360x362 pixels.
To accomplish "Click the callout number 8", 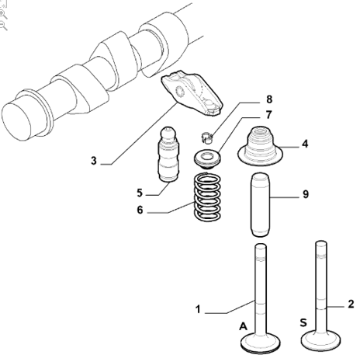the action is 269,99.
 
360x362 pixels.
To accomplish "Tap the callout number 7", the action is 268,115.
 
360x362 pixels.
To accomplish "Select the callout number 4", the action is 305,144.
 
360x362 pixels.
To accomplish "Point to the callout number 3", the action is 94,161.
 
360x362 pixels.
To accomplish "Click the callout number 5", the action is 140,193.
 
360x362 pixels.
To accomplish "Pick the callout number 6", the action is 140,210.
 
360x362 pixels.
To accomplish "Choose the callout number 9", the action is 306,194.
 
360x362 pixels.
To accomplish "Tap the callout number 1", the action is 198,309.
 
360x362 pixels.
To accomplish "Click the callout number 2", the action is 351,304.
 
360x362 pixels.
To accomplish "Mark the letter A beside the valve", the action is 243,326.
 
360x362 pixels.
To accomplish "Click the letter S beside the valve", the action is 303,322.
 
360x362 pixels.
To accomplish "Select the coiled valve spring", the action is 207,197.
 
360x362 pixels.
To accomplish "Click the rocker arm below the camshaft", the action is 192,94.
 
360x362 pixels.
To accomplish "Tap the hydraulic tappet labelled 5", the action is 168,155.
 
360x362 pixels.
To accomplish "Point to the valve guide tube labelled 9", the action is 260,205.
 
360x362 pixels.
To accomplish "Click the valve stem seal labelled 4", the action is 260,147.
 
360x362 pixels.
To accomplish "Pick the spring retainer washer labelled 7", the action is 207,158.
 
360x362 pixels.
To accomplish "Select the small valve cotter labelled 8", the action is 207,137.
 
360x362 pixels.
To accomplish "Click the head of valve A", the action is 261,342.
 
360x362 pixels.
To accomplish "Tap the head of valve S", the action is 321,339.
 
